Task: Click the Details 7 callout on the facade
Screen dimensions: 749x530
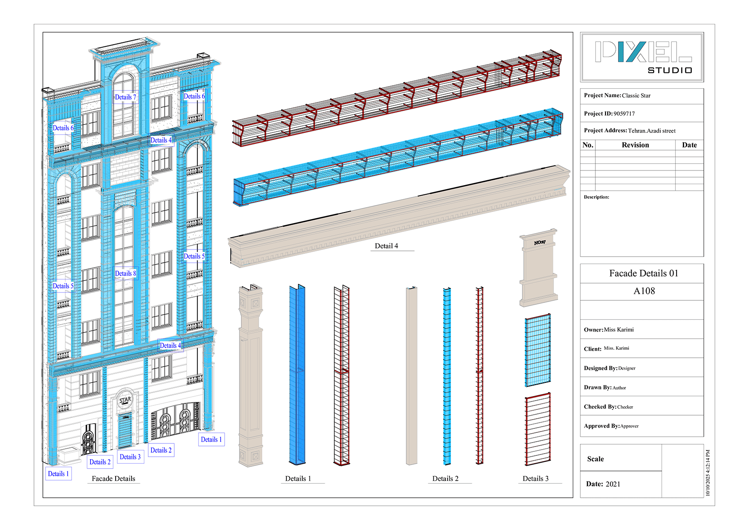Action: tap(125, 97)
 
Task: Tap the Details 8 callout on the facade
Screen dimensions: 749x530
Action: tap(125, 273)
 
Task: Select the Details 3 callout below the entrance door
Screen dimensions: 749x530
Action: tap(130, 457)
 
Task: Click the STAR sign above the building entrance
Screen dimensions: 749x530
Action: tap(125, 400)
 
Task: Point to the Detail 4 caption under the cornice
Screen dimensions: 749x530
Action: tap(387, 246)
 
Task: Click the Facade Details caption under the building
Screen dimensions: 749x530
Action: tap(114, 479)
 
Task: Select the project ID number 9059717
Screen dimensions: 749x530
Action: tap(624, 114)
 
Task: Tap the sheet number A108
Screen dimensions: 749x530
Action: tap(644, 291)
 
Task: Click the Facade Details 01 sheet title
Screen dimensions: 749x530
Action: tap(644, 273)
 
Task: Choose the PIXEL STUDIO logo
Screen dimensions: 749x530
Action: tap(642, 57)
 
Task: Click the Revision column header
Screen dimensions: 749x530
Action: tap(635, 145)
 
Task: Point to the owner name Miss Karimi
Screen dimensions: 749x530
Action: tap(619, 329)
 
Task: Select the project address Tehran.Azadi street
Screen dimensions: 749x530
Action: tap(652, 131)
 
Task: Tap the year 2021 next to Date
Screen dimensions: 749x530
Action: tap(613, 484)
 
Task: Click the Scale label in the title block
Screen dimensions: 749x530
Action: tap(595, 459)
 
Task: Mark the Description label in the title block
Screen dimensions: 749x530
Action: tap(597, 197)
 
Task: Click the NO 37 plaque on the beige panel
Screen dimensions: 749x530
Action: tap(540, 242)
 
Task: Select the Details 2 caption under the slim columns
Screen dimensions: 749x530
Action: tap(445, 479)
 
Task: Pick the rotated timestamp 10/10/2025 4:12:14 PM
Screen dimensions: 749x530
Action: tap(708, 473)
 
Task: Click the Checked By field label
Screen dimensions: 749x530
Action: tap(600, 407)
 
